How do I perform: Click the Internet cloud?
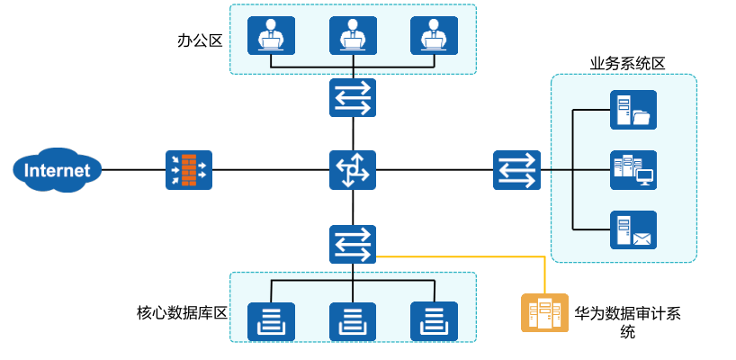(57, 170)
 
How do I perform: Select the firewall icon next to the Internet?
(188, 170)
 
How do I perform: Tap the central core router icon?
(353, 170)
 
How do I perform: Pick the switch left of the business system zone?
(516, 170)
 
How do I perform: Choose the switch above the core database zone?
(353, 244)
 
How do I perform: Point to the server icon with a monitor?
(633, 170)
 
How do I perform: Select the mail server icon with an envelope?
(633, 230)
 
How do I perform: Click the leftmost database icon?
(271, 320)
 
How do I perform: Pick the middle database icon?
(353, 320)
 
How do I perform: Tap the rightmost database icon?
(434, 320)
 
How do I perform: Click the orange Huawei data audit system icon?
(544, 313)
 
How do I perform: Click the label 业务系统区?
(627, 63)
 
